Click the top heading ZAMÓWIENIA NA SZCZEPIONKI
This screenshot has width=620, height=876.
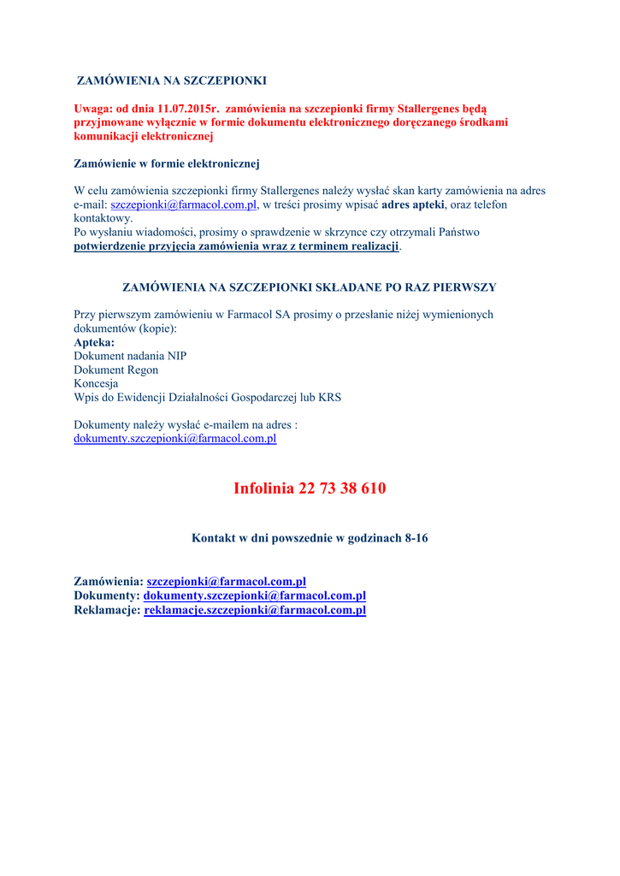[x=172, y=80]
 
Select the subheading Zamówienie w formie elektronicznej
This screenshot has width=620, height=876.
[x=167, y=163]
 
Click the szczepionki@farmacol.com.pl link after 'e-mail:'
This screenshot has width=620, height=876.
[x=184, y=205]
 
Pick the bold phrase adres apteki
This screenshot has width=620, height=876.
[x=413, y=205]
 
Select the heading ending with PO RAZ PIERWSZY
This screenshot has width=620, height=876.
[x=310, y=287]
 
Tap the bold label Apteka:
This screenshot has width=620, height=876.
[x=94, y=342]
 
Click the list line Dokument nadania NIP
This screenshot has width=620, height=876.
[x=130, y=356]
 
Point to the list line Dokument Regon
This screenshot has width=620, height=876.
[x=115, y=370]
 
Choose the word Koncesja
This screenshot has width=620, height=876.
[x=96, y=383]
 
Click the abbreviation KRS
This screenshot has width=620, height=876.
[x=329, y=397]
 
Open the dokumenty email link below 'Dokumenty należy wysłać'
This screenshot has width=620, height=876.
[x=174, y=438]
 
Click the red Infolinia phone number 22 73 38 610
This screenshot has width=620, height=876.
[x=342, y=488]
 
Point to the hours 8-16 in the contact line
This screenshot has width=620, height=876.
[x=416, y=538]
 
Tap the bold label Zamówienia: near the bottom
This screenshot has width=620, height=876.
[x=109, y=582]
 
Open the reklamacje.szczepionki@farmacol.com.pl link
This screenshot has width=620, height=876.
[x=255, y=610]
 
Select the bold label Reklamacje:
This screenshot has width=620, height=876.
[x=107, y=610]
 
